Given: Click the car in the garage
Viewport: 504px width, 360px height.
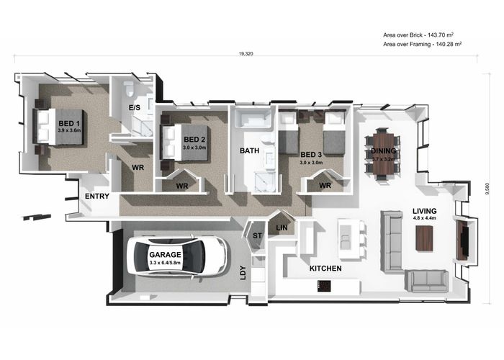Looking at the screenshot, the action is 179,256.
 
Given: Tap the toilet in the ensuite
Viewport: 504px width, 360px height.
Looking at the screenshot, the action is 129,89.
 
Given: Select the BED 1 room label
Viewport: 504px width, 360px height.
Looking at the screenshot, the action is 69,123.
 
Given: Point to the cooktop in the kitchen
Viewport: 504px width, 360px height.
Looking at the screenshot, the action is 324,287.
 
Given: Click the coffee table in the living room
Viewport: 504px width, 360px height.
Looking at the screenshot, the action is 424,238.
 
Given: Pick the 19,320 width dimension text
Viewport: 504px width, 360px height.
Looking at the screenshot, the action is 246,54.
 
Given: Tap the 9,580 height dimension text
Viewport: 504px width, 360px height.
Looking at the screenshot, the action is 488,189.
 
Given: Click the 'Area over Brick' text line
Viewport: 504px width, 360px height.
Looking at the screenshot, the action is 418,35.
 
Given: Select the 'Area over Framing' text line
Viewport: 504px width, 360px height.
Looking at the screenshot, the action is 423,45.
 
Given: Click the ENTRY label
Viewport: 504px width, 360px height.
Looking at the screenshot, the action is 97,196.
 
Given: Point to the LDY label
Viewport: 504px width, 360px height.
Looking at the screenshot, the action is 243,273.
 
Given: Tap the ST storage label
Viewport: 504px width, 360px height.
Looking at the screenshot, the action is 257,235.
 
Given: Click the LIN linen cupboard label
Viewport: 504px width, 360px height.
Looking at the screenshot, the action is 282,228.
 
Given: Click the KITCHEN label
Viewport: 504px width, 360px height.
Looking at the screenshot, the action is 325,269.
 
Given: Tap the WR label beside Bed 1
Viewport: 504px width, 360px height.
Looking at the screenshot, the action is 138,168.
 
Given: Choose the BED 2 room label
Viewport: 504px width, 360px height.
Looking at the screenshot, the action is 194,140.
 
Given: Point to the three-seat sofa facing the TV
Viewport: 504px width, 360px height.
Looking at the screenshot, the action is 392,240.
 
